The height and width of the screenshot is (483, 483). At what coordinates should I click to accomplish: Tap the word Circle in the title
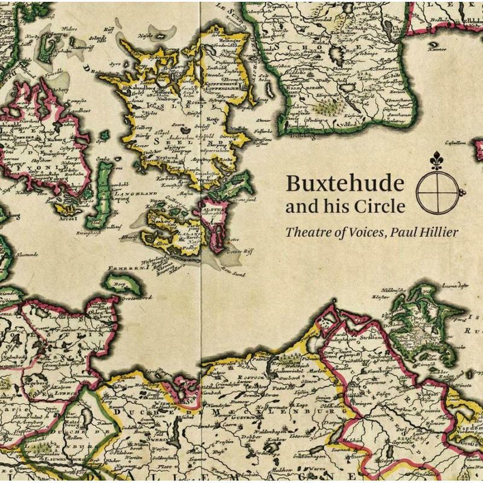(x=381, y=206)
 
